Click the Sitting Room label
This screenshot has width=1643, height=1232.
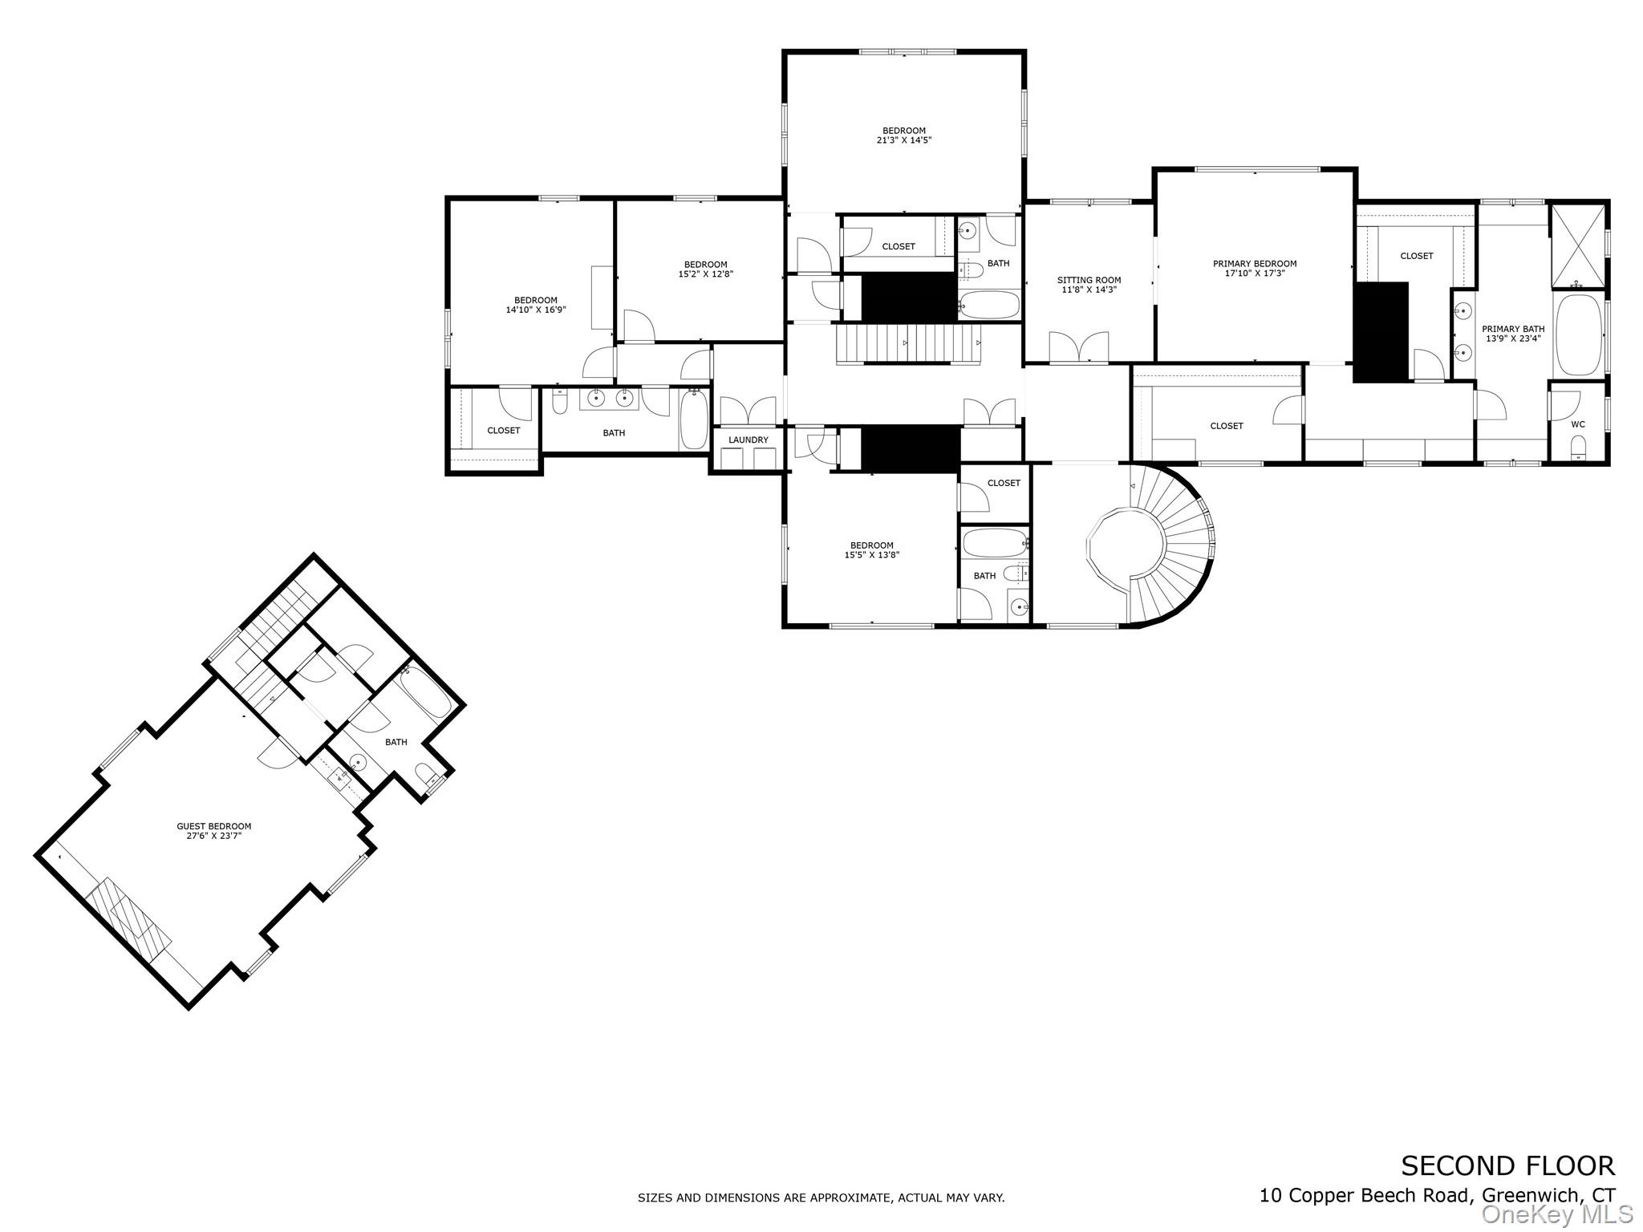(1089, 280)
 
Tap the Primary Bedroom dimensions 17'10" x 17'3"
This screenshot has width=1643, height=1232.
(1255, 274)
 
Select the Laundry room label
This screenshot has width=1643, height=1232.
(748, 440)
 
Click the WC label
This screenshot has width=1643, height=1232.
(1577, 424)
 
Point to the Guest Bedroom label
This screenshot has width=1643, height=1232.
(213, 826)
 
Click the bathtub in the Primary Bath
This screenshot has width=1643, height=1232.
(1578, 335)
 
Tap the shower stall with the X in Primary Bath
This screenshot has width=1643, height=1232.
(1577, 246)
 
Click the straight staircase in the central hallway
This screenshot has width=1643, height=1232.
(908, 343)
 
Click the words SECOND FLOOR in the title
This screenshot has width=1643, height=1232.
(1507, 1165)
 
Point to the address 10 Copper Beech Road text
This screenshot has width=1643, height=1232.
(1364, 1195)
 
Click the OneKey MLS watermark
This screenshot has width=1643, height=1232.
(1557, 1214)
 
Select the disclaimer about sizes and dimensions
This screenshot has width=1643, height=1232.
(821, 1198)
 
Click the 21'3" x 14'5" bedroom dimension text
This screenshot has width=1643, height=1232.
(903, 140)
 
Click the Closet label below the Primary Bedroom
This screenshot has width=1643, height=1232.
(1226, 426)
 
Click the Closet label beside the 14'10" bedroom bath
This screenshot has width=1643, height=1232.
(503, 431)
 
